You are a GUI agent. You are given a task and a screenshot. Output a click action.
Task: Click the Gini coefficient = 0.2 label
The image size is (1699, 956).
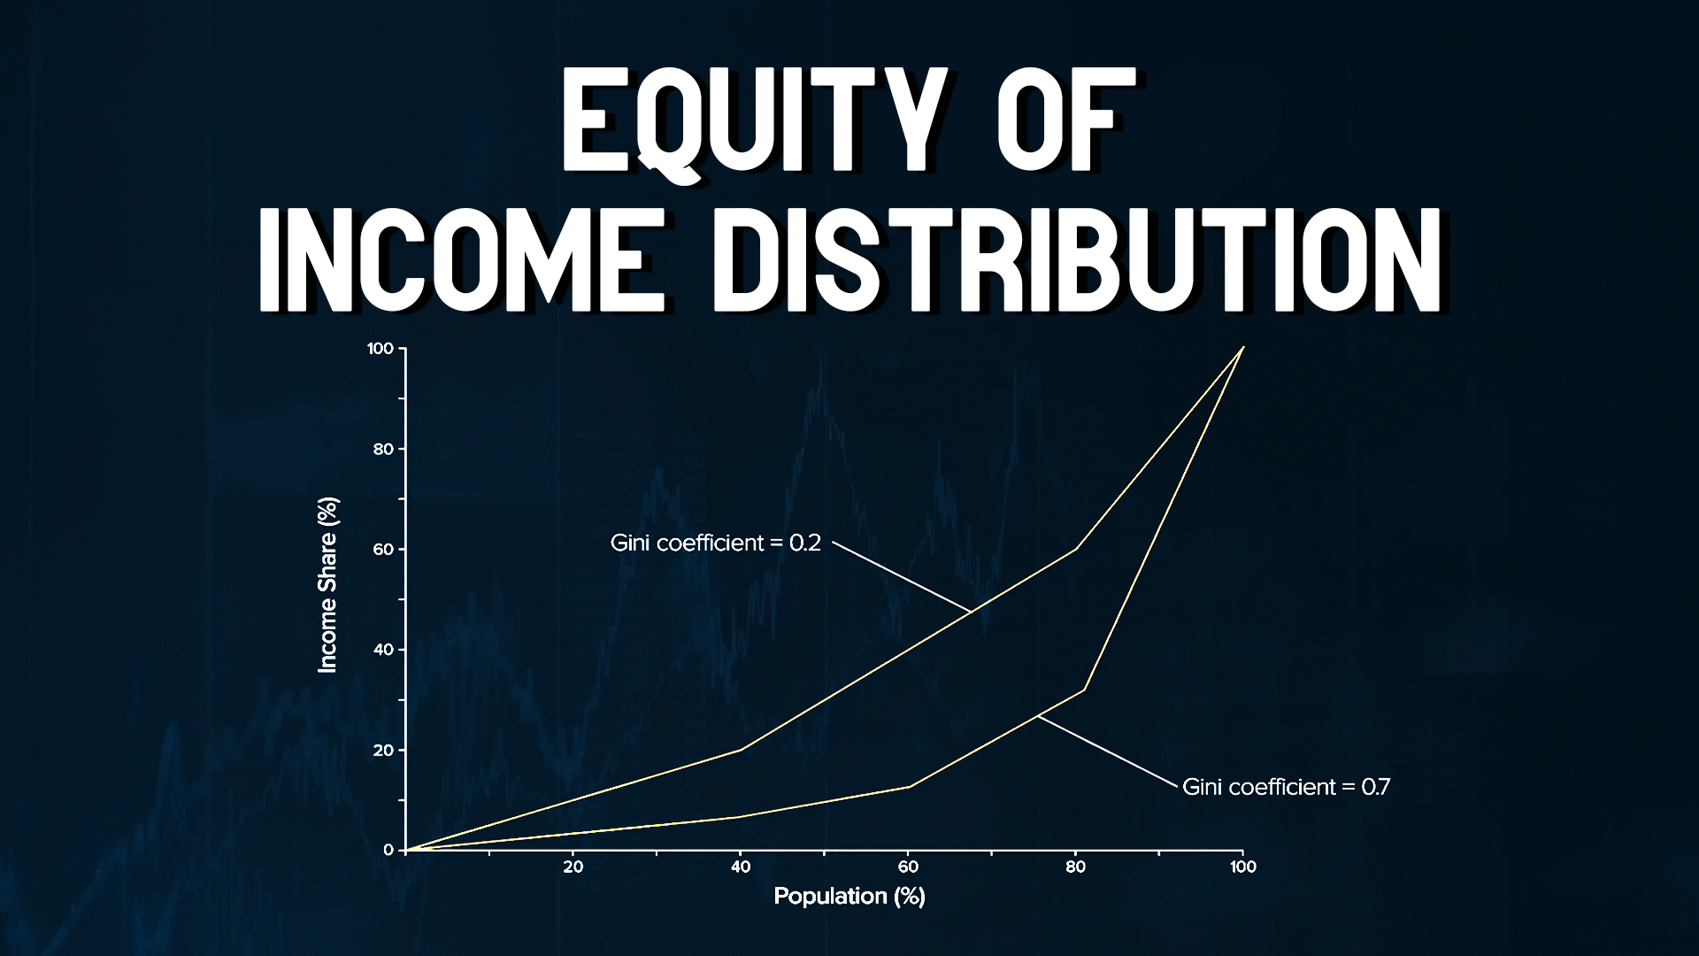(x=716, y=543)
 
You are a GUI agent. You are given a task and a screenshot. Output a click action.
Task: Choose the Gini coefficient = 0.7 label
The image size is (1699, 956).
(x=1286, y=786)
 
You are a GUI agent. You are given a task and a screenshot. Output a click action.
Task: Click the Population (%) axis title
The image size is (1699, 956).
(x=849, y=896)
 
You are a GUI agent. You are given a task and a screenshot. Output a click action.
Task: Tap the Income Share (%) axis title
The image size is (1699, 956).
(x=328, y=585)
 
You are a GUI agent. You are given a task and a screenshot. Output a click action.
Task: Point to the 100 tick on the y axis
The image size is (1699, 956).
(x=380, y=349)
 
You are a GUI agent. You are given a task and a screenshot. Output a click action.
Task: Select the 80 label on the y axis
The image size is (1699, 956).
(x=383, y=449)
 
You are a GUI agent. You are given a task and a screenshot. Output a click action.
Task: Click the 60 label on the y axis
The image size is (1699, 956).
(x=383, y=550)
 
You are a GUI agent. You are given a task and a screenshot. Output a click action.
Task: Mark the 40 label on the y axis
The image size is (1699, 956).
(x=383, y=650)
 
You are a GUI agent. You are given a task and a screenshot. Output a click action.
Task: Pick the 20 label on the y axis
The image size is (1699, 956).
(x=383, y=751)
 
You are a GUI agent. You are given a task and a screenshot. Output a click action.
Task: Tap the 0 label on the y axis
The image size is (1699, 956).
(x=388, y=850)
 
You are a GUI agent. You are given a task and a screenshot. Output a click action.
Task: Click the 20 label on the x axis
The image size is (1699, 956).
(x=573, y=867)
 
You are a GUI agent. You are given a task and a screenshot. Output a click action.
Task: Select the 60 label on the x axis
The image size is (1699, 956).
(x=908, y=867)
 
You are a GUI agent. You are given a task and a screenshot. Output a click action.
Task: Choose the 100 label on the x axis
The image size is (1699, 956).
(x=1242, y=867)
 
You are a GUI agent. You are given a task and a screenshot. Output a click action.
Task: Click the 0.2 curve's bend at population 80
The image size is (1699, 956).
(x=1075, y=549)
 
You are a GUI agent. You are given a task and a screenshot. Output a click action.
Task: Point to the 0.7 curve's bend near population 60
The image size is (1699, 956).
(x=909, y=786)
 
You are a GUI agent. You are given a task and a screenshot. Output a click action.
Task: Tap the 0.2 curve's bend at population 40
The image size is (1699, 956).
(x=741, y=750)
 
